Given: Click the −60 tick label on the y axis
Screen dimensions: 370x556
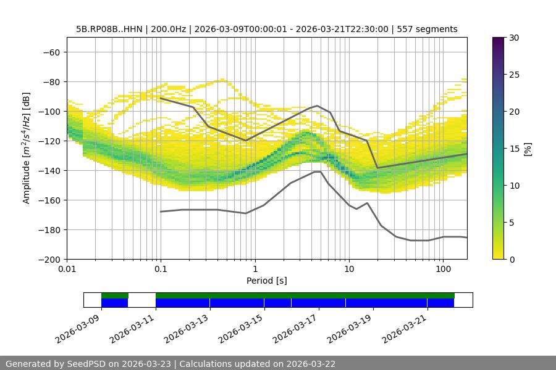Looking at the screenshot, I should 51,52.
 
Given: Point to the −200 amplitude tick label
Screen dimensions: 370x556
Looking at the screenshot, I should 49,260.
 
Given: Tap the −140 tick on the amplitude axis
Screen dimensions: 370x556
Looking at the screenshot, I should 49,171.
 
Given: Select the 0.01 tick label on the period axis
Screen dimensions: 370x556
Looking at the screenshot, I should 67,269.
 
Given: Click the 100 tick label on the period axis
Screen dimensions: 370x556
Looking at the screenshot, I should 443,269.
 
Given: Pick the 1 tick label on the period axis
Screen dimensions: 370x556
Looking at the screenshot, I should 255,269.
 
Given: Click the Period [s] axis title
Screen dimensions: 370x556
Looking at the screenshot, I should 267,281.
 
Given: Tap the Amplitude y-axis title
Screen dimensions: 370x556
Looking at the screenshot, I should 27,148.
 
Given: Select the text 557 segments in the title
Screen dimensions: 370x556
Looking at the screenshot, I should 427,29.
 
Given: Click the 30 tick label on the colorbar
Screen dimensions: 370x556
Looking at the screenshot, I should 513,38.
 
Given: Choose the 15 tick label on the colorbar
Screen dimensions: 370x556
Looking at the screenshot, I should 513,149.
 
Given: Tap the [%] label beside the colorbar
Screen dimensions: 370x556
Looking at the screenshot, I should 528,148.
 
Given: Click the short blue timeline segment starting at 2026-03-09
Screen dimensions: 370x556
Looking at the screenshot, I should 114,303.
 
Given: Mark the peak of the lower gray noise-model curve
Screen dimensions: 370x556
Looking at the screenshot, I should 317,172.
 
